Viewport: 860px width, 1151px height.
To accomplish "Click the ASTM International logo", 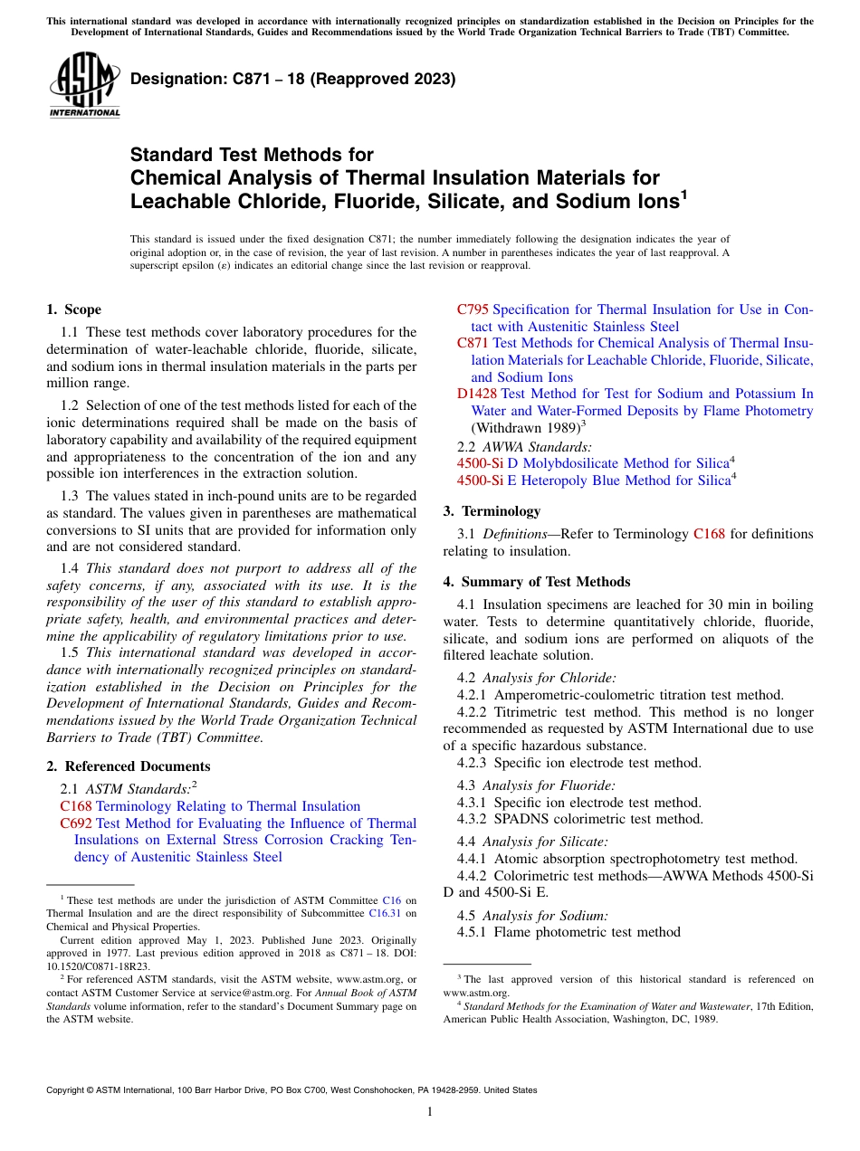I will (83, 85).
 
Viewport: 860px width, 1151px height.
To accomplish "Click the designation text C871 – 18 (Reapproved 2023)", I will (292, 80).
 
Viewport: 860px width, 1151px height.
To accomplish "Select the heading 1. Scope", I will (74, 309).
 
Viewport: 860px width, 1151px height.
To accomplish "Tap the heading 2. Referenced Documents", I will (116, 766).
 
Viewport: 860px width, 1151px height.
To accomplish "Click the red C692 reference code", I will (76, 823).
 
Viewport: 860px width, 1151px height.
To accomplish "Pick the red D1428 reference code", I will (477, 394).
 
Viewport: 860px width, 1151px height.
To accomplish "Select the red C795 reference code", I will (473, 309).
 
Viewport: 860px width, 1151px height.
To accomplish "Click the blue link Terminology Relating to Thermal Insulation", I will (228, 806).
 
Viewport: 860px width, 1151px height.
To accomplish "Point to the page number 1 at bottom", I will (430, 1112).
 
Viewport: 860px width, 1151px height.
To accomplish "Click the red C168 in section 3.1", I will (709, 534).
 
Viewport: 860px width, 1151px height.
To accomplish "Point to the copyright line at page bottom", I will (291, 1090).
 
